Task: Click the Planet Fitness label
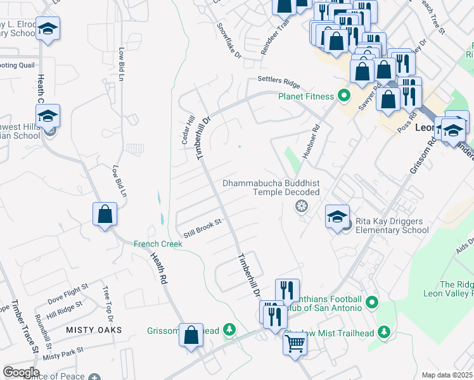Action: coord(305,96)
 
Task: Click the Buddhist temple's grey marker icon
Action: coord(302,206)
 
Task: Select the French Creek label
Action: coord(158,244)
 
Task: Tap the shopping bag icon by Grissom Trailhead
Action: coord(191,336)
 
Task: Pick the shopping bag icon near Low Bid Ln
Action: coord(105,213)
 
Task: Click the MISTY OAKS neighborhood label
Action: coord(94,330)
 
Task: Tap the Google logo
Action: coord(20,372)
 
